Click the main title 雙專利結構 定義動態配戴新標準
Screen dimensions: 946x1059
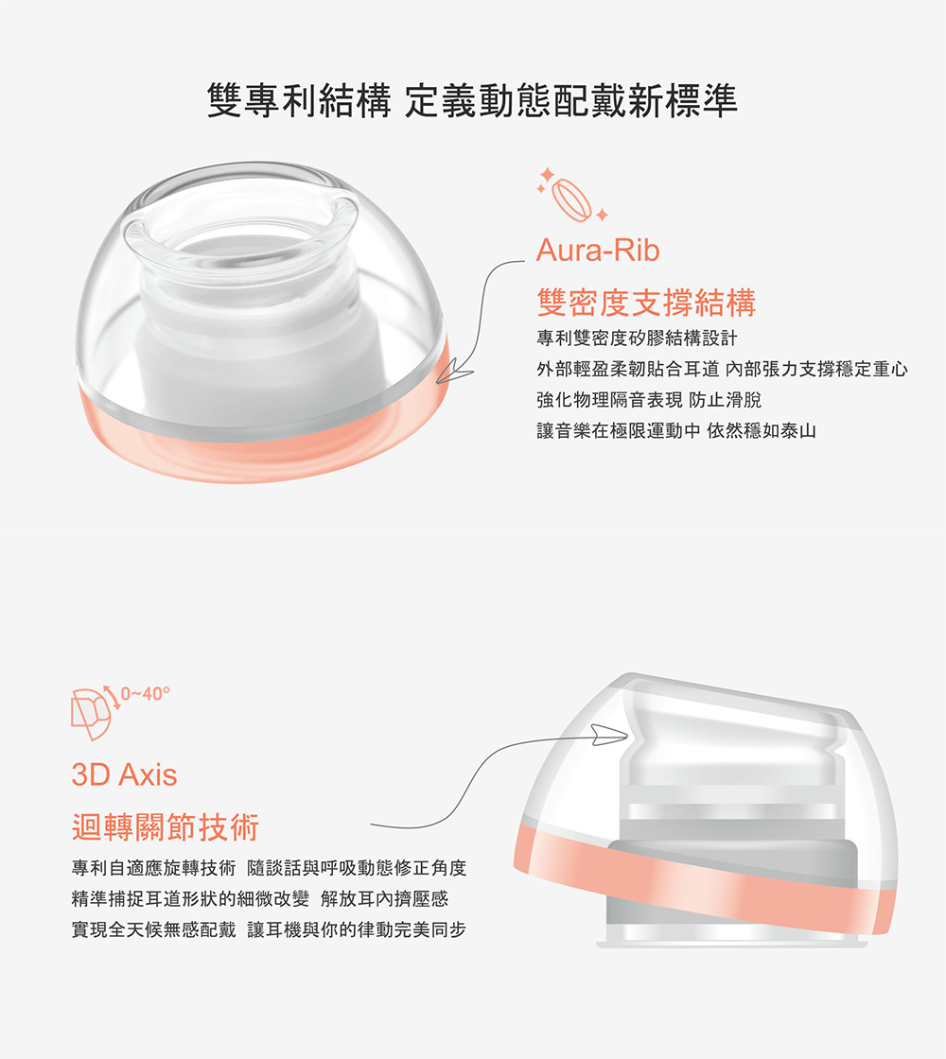tap(472, 100)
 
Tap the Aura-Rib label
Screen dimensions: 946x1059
tap(597, 251)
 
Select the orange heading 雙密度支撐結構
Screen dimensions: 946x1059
tap(646, 302)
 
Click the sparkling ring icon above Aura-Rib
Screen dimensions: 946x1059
tap(572, 195)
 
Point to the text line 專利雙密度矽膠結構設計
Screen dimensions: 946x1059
tap(637, 338)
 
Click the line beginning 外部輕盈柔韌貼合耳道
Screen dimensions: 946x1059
tap(723, 369)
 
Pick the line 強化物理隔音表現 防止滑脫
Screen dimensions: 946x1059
tap(649, 400)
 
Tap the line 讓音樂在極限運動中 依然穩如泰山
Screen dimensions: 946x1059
tap(676, 430)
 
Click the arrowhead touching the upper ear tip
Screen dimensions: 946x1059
tap(454, 373)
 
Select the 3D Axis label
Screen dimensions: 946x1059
tap(124, 774)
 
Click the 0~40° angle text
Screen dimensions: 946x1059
tap(146, 694)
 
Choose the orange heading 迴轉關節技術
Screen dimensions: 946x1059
tap(166, 826)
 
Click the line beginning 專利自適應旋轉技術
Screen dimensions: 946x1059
tap(269, 868)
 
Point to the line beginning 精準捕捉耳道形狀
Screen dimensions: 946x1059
tap(260, 899)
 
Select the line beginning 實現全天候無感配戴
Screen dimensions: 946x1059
tap(269, 930)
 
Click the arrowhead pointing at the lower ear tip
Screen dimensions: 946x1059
tap(609, 735)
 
